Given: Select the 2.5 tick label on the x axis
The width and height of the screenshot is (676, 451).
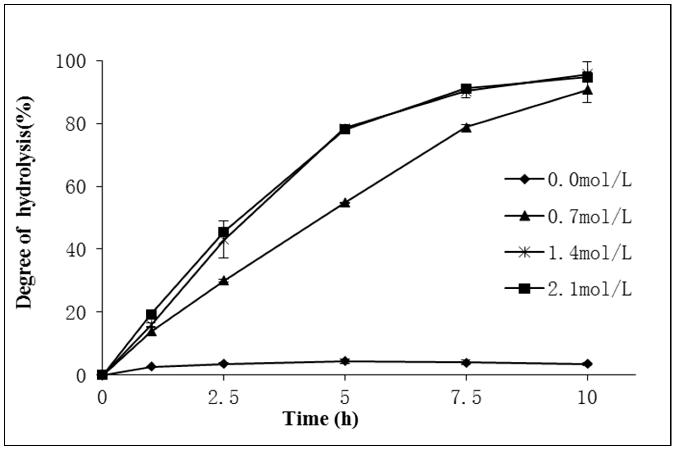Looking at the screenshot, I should (224, 398).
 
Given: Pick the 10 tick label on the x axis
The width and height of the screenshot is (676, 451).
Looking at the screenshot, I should (587, 398).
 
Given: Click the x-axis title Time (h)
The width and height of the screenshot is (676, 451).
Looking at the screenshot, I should (320, 419).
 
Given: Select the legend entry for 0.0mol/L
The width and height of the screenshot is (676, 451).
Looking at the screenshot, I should (589, 181).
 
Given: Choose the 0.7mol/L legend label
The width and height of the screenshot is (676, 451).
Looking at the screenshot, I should (589, 217).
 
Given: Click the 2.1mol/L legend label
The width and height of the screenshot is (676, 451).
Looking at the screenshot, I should (589, 289).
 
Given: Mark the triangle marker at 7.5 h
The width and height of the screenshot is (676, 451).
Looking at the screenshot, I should (466, 127).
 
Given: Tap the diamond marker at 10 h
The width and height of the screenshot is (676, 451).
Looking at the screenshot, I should (587, 364).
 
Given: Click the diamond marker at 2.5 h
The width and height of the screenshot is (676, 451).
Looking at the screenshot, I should (224, 364).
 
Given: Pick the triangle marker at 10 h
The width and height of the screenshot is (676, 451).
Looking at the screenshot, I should (587, 90).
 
